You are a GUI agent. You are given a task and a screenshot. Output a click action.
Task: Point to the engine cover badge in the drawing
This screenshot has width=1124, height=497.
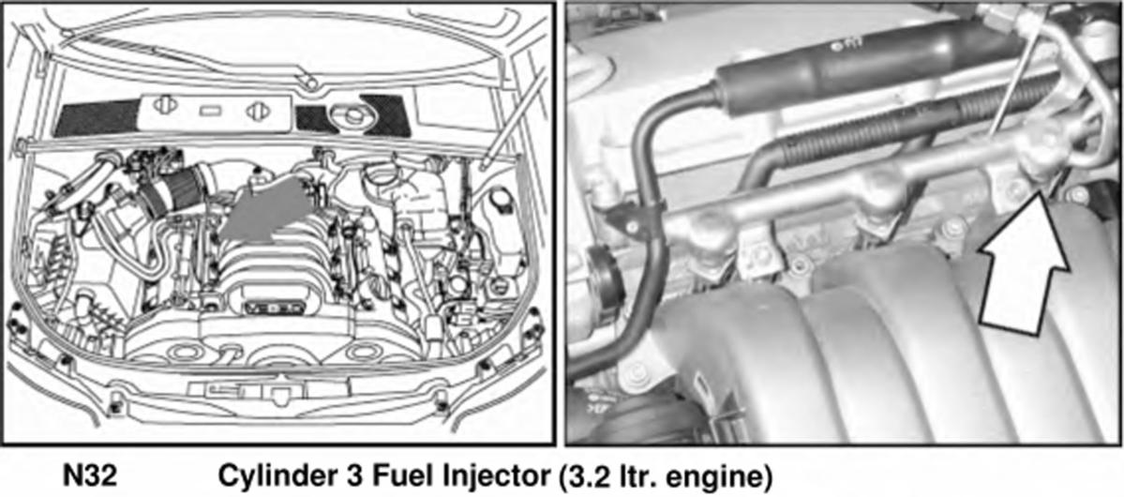[x=270, y=308]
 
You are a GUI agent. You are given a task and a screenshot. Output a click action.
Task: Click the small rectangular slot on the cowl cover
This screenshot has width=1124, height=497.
[x=209, y=111]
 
